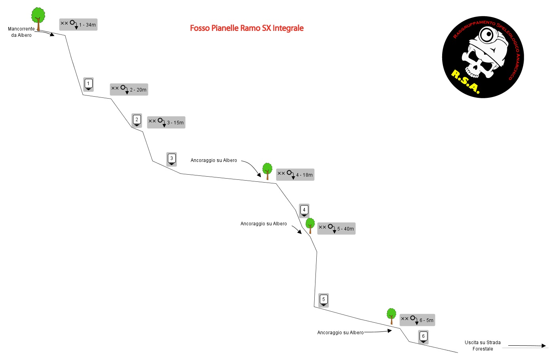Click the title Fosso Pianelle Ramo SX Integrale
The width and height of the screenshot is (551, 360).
[x=247, y=28]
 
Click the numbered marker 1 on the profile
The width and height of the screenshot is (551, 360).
[x=88, y=84]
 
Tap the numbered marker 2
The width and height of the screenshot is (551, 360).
[x=137, y=120]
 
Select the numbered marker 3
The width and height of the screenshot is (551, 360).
[x=171, y=159]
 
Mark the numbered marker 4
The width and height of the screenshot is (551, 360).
[x=304, y=211]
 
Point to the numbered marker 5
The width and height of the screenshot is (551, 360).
[x=323, y=300]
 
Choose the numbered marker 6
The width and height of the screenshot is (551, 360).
[x=423, y=337]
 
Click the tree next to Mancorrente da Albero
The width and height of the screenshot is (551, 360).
[x=38, y=19]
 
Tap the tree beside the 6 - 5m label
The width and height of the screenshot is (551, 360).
[x=391, y=316]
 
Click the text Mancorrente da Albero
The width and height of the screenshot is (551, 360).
[x=21, y=32]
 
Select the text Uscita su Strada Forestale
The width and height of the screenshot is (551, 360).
[x=483, y=345]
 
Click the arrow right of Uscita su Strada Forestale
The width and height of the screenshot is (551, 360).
[x=527, y=345]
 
